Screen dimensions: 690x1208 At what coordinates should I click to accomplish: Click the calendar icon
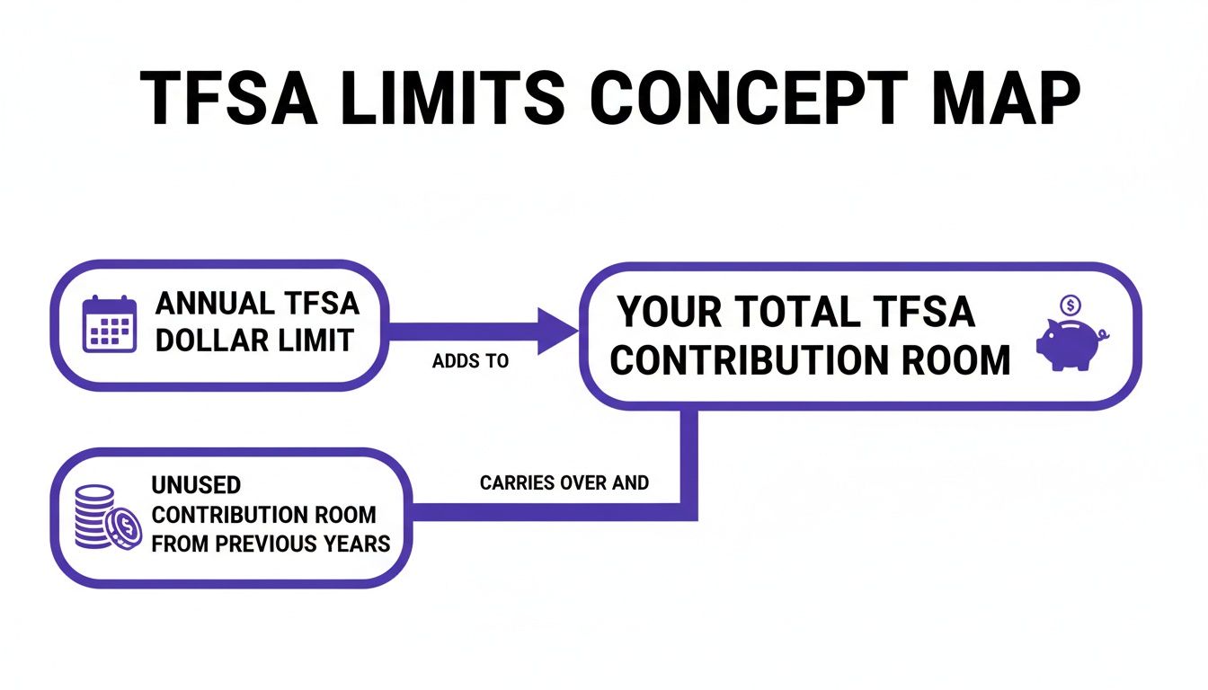point(109,323)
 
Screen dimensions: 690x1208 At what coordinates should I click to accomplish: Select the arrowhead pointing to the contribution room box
point(557,331)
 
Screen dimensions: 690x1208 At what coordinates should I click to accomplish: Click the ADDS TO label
point(470,361)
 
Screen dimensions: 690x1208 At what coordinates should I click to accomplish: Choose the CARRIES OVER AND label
point(564,482)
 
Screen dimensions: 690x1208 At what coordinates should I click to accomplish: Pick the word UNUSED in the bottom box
point(195,485)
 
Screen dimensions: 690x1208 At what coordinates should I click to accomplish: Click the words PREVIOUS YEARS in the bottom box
point(308,544)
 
